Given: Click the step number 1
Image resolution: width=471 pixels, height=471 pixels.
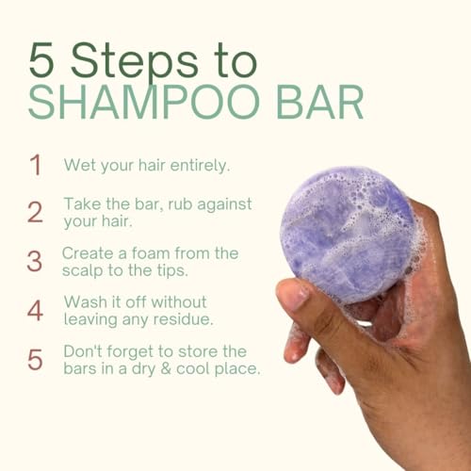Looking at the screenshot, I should (x=36, y=165).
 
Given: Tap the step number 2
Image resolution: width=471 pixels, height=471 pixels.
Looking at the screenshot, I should (x=35, y=212).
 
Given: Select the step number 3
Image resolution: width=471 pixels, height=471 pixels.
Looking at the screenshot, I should (x=35, y=261).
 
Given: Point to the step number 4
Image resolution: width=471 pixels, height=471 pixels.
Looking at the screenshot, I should (x=35, y=310).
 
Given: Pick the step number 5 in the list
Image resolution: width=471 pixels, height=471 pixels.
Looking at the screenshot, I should (x=35, y=359).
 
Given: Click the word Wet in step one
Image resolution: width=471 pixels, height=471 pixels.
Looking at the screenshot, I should (x=78, y=165).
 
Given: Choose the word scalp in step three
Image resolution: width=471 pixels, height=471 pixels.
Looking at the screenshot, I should (x=84, y=270).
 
